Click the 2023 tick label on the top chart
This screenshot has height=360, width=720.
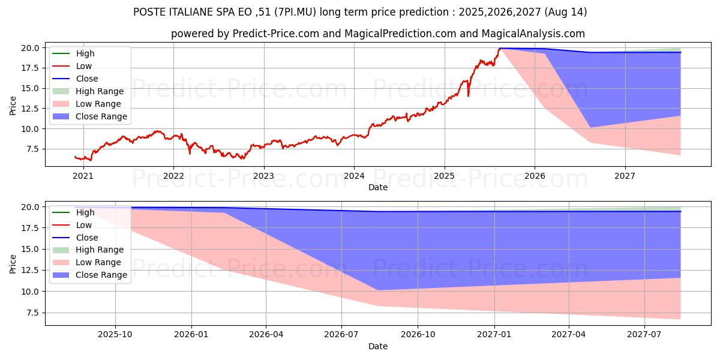(x=263, y=176)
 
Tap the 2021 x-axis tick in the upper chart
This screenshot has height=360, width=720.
(x=83, y=176)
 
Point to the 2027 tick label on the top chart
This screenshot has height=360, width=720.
(x=625, y=176)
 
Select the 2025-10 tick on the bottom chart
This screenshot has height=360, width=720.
(x=115, y=335)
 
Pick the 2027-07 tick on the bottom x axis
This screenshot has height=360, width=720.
(x=644, y=335)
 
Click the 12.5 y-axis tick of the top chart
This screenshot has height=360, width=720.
(x=31, y=109)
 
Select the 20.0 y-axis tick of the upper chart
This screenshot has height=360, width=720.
(x=31, y=48)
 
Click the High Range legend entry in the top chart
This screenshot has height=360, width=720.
(x=99, y=91)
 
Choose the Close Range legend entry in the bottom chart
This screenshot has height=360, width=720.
(x=101, y=275)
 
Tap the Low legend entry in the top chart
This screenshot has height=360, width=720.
(x=84, y=66)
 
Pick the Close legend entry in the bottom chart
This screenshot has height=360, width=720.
(x=86, y=238)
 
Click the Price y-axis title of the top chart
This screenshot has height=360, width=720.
(x=13, y=106)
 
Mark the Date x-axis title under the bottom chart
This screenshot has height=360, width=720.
(x=378, y=346)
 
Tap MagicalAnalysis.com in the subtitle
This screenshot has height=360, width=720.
(x=533, y=34)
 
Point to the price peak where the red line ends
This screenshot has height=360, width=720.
(x=499, y=49)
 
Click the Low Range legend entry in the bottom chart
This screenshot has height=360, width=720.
(x=98, y=262)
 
